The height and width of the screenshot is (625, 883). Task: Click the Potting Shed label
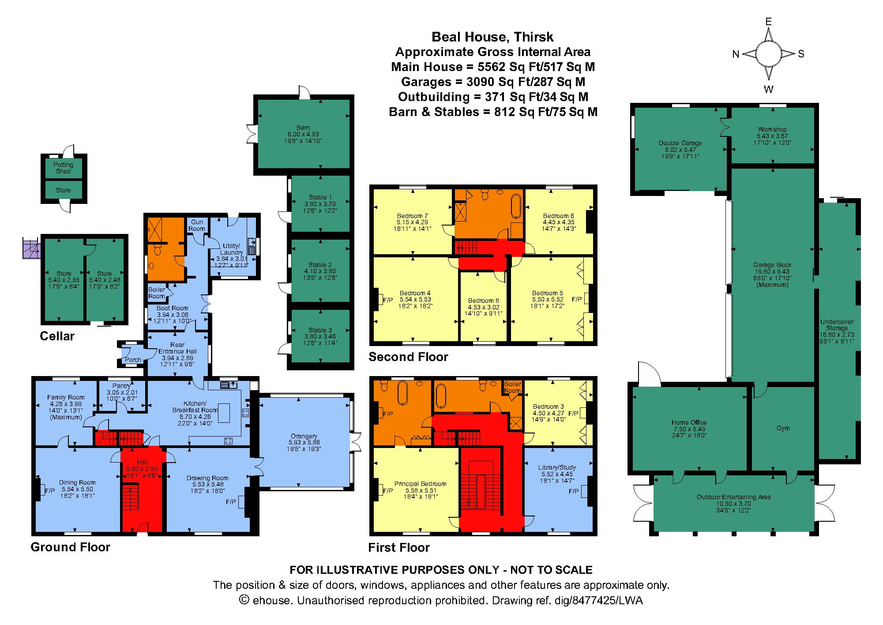pos(63,168)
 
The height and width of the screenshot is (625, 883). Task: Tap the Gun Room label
pos(197,226)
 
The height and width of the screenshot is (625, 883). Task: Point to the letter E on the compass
pos(768,22)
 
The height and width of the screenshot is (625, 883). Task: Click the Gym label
pos(783,428)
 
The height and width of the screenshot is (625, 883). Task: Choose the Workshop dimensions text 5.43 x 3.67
pos(772,136)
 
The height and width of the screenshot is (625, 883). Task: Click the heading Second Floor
pos(408,357)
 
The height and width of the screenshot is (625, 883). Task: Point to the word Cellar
pos(57,336)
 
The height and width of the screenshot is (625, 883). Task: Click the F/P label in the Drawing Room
pos(230,502)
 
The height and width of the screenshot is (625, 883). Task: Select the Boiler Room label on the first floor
pos(512,388)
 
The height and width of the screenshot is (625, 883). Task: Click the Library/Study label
pos(557,467)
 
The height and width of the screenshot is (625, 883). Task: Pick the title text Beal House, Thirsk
pos(492,37)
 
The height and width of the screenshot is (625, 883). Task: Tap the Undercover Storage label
pos(837,325)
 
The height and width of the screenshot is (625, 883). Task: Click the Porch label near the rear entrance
pos(133,360)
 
